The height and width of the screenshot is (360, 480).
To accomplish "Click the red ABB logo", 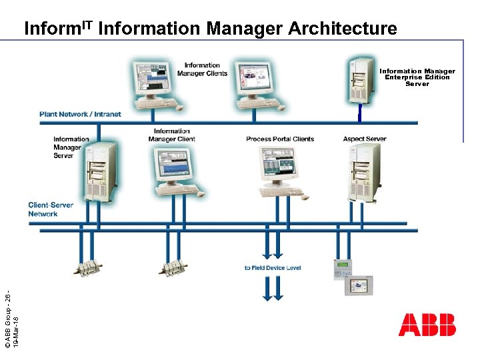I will (x=427, y=325).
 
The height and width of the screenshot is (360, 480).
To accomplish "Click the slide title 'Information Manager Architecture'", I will (x=210, y=29).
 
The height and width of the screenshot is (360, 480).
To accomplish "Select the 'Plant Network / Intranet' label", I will (x=80, y=114).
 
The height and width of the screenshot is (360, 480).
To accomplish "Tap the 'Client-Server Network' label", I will (x=51, y=209).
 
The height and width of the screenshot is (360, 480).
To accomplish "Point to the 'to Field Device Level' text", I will (x=273, y=268).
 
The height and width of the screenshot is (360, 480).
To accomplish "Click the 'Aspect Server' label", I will (x=365, y=139).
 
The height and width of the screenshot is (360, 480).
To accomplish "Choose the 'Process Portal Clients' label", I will (x=280, y=139).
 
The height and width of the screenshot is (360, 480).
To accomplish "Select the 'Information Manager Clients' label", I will (x=202, y=69).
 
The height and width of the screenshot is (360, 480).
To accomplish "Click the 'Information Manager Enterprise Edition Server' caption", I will (x=417, y=77).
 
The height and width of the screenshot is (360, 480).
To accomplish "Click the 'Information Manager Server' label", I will (x=72, y=147).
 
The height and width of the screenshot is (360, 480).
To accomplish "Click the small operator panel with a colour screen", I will (x=360, y=285).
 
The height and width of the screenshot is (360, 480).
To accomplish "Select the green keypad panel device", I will (x=342, y=268).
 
